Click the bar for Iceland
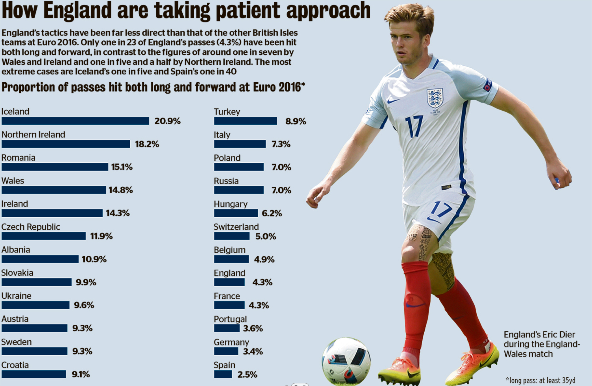[x=75, y=121]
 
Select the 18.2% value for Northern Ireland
[x=147, y=144]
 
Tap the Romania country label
[x=18, y=158]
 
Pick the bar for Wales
[x=54, y=190]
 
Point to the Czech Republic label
[x=31, y=227]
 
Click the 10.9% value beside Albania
[x=94, y=259]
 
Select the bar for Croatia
[x=34, y=374]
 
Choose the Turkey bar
[x=245, y=121]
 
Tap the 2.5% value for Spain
[x=247, y=374]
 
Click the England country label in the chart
[x=230, y=273]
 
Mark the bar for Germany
[x=226, y=351]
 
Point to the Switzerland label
[x=236, y=227]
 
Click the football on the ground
[x=346, y=361]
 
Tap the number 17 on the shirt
[x=414, y=126]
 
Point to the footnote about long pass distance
[x=540, y=380]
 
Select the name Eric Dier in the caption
[x=558, y=335]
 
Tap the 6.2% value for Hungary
[x=272, y=213]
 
